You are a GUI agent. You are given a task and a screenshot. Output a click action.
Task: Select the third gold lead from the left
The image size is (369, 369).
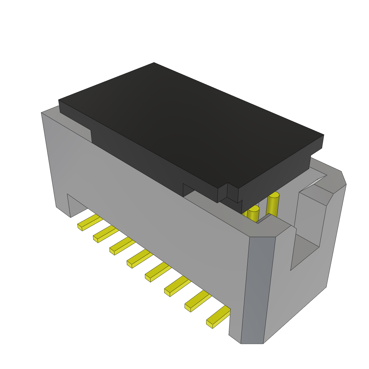(x=121, y=247)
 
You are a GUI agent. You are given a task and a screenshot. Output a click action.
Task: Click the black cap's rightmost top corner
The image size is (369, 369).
(x=323, y=135)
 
